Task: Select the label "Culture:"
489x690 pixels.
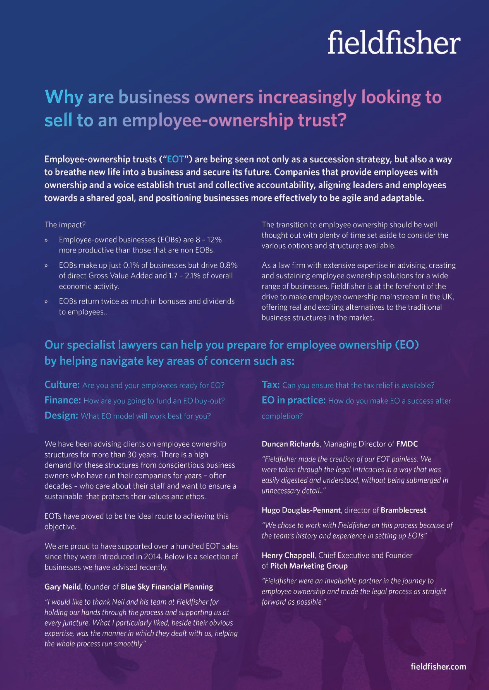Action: (x=62, y=385)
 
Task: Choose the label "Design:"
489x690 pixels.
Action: (x=61, y=416)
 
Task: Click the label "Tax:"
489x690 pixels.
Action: (x=271, y=385)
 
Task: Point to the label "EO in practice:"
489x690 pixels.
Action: (x=293, y=400)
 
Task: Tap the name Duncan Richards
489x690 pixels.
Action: (x=290, y=444)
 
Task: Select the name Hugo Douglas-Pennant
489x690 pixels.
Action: (x=301, y=510)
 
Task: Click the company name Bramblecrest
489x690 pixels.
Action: (x=403, y=510)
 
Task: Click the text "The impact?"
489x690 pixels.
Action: (x=65, y=225)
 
